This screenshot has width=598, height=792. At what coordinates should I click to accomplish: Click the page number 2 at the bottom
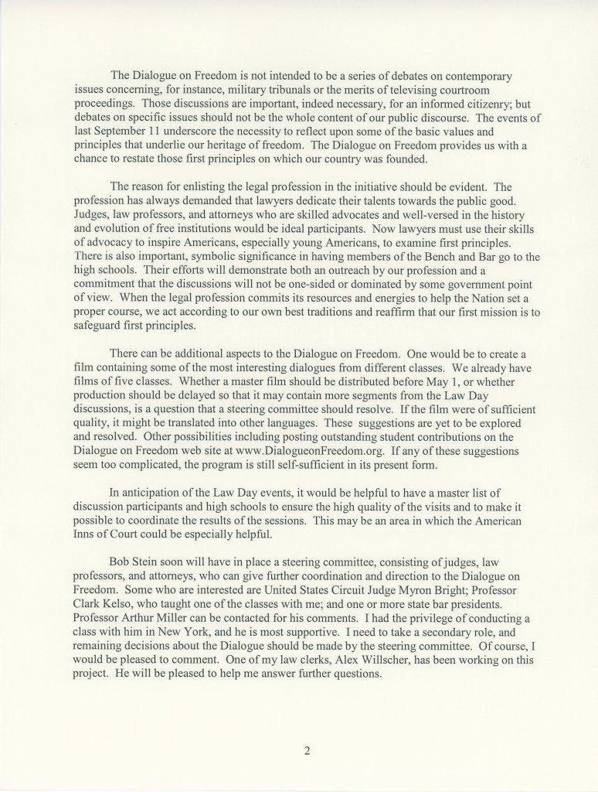click(307, 749)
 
